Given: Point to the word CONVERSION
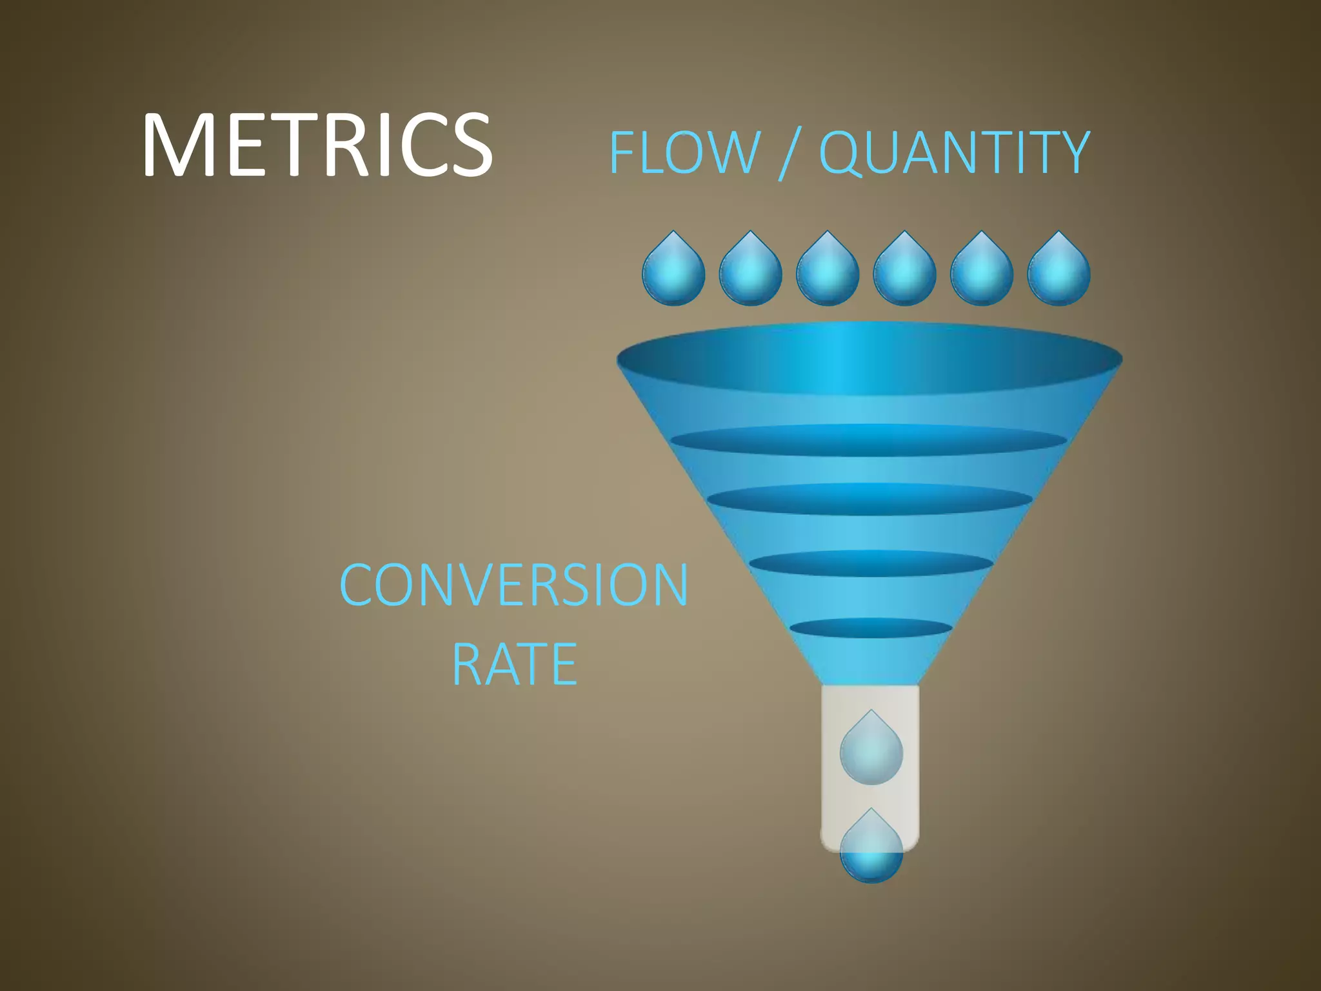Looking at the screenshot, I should point(514,585).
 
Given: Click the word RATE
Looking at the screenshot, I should point(514,665).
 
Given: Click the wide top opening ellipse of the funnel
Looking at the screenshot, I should point(869,358).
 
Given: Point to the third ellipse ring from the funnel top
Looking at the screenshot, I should point(869,499).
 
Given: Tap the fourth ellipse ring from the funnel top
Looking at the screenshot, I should point(871,563).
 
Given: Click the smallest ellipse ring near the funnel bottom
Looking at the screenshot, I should point(871,628).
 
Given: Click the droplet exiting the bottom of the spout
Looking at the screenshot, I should point(871,850).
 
